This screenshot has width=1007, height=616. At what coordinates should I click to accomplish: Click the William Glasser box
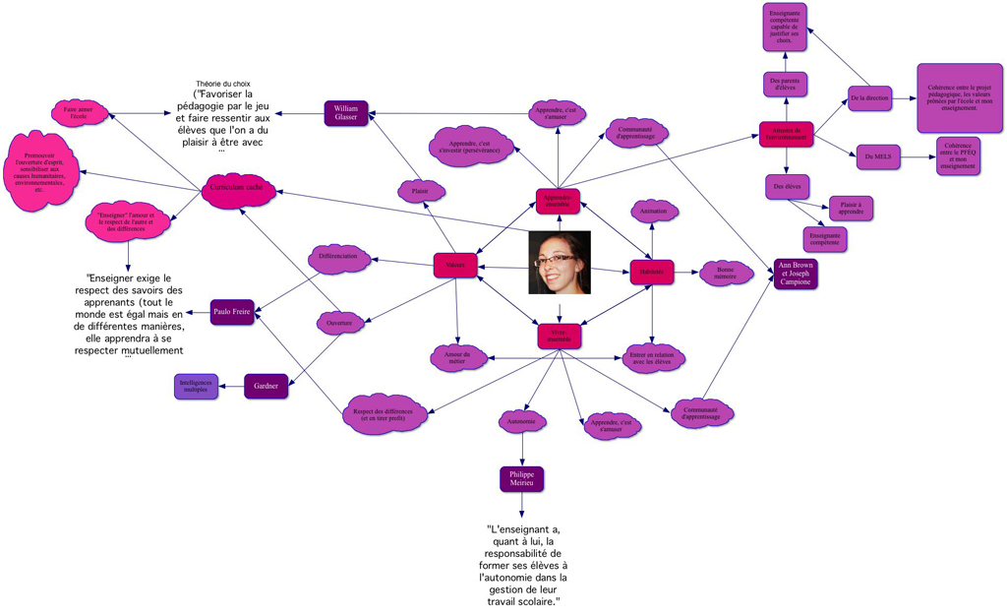tap(346, 113)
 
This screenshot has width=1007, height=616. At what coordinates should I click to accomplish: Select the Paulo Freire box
tap(232, 313)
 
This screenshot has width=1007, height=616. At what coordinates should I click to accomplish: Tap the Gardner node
tap(267, 386)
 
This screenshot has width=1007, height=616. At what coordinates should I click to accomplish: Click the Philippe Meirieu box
tap(521, 479)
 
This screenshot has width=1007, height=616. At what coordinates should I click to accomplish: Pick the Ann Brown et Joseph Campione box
tap(796, 273)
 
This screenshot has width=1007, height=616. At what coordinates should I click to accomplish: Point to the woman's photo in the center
tap(559, 263)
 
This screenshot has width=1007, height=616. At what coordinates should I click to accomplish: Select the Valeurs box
tap(454, 266)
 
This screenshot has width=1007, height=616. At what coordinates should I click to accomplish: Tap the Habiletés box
tap(652, 272)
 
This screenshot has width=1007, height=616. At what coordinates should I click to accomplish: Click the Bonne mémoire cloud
tap(726, 274)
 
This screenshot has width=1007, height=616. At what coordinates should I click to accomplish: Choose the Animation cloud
tap(653, 212)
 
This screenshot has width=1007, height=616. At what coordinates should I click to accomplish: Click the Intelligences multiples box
tap(197, 386)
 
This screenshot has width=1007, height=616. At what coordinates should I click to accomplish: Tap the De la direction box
tap(869, 98)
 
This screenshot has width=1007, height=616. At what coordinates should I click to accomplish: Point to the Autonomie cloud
tap(521, 422)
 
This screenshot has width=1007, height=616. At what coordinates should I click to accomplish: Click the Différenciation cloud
tap(339, 257)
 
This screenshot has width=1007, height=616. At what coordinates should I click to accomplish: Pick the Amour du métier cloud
tap(458, 356)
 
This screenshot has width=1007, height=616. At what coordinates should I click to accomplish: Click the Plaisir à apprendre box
tap(851, 208)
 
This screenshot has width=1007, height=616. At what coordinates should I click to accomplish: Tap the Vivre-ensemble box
tap(559, 337)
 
